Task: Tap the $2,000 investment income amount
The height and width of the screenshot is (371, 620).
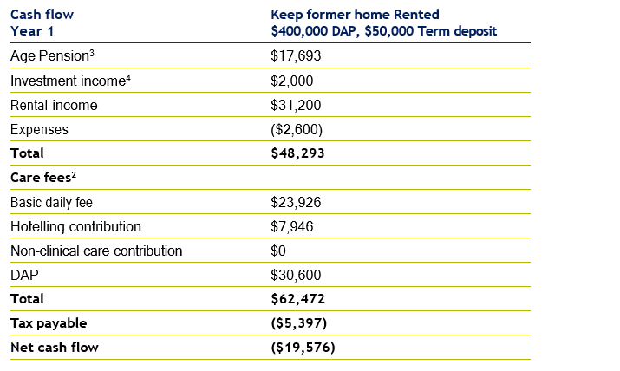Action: tap(291, 81)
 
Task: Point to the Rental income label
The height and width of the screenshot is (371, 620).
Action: tap(54, 105)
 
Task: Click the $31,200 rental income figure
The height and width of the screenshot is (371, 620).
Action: tap(295, 105)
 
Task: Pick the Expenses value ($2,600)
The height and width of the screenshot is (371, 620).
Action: tap(297, 129)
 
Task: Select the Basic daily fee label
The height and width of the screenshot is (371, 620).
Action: tap(52, 202)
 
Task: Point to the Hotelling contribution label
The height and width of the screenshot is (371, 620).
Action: tap(75, 226)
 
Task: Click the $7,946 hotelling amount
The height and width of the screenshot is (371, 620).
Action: tap(291, 226)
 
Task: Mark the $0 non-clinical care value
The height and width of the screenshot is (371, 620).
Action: tap(279, 251)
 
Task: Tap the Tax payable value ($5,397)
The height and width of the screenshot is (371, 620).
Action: tap(299, 323)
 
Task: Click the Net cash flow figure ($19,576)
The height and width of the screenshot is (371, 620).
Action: tap(303, 348)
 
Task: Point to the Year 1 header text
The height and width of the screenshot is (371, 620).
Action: tap(31, 31)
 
